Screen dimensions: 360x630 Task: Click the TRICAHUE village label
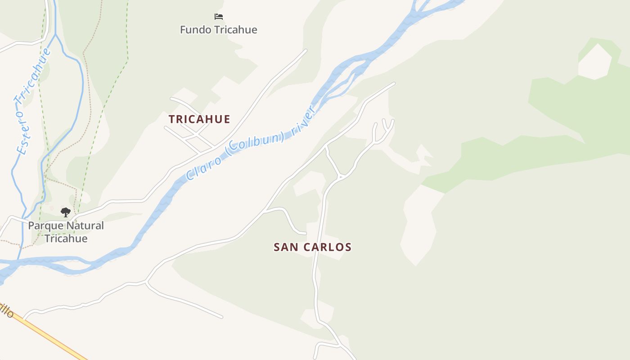[199, 119]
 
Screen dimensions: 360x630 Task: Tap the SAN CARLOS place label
[312, 247]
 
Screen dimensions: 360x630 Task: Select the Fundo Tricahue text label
[219, 30]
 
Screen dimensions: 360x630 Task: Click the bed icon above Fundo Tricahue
[219, 17]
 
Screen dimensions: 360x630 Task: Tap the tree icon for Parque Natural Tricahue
[66, 212]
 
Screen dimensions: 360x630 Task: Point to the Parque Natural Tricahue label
[66, 232]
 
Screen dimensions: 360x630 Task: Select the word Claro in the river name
[203, 167]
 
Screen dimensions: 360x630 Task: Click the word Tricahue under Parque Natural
[66, 238]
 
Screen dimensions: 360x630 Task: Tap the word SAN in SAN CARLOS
[285, 247]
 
